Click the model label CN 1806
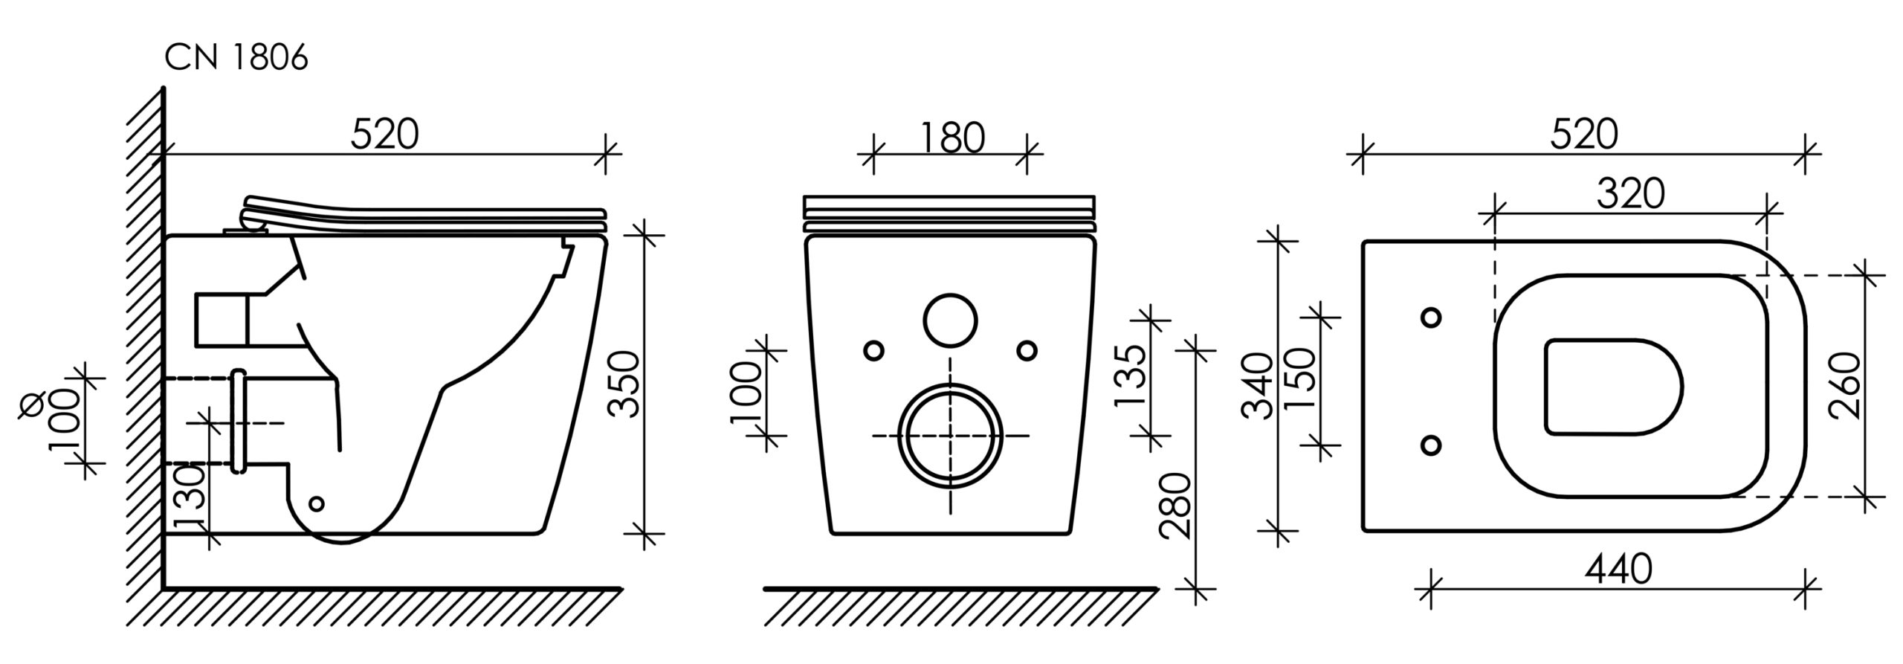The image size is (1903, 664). click(236, 58)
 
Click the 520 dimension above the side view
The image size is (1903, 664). click(384, 135)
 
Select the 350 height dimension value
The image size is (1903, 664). click(624, 384)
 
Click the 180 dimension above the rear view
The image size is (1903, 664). click(952, 138)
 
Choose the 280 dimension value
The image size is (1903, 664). click(1177, 506)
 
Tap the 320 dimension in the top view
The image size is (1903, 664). click(1631, 195)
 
